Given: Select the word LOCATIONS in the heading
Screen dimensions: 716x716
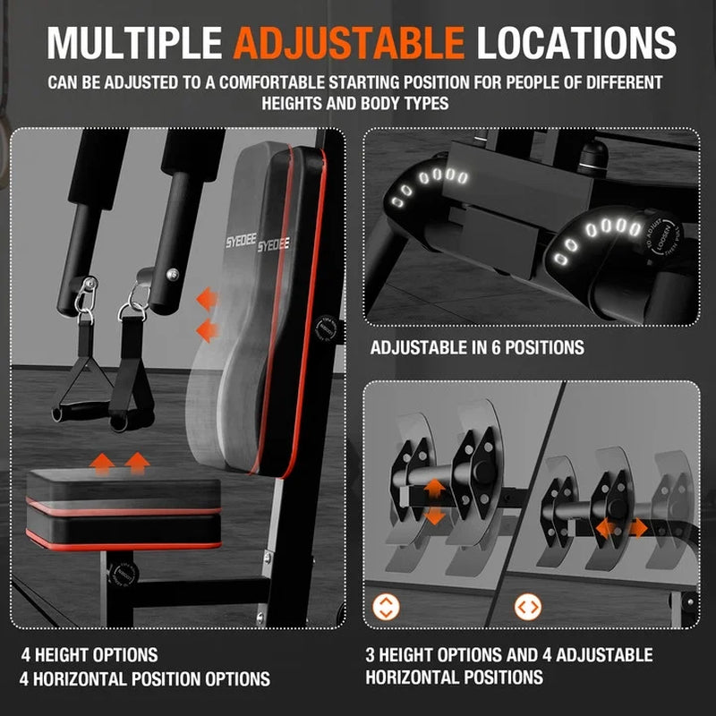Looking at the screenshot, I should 576,41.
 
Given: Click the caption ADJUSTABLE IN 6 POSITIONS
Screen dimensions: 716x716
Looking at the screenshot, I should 477,346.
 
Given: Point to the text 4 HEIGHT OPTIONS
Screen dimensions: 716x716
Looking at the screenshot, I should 90,655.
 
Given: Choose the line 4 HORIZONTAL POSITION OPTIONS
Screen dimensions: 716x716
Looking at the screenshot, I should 147,678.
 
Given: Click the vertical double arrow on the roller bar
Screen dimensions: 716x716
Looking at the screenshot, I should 433,501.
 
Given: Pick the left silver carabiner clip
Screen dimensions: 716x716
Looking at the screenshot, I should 87,295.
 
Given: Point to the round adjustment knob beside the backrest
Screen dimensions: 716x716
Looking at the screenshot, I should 322,328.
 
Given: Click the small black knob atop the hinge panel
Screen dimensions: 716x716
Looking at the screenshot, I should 592,157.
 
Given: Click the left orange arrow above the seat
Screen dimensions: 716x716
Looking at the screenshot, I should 104,463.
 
